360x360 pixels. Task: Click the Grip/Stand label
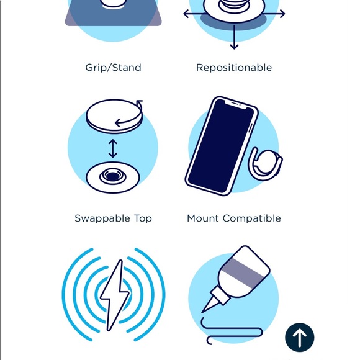[x=113, y=68]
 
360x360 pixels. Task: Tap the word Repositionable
[x=234, y=68]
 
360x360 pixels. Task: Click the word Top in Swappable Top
[x=143, y=218]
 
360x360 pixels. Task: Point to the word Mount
[x=203, y=218]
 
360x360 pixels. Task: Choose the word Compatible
[x=252, y=218]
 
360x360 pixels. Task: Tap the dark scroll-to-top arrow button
[x=300, y=338]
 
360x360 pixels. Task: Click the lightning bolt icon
[x=115, y=295]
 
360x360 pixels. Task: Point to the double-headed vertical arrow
[x=113, y=148]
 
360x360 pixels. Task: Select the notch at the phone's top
[x=236, y=104]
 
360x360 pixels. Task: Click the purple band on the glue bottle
[x=243, y=272]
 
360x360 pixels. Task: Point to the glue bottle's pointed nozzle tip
[x=202, y=312]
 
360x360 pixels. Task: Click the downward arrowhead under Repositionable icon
[x=234, y=47]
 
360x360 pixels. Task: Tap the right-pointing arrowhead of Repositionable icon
[x=282, y=14]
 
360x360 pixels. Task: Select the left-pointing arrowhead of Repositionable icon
[x=186, y=14]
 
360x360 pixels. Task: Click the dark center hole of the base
[x=112, y=176]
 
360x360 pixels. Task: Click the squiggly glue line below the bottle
[x=232, y=331]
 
